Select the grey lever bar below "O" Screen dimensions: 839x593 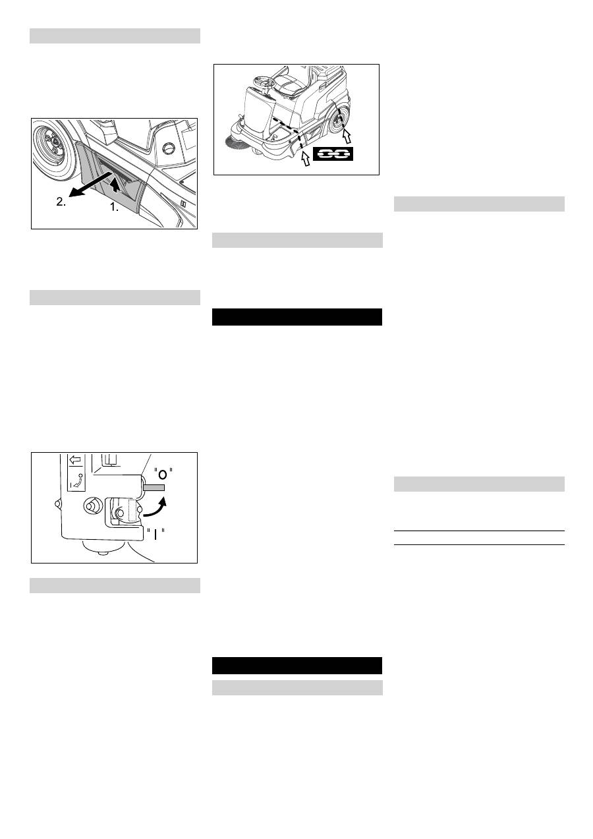(153, 488)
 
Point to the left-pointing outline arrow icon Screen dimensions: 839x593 (74, 461)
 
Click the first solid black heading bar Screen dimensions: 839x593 (297, 317)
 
